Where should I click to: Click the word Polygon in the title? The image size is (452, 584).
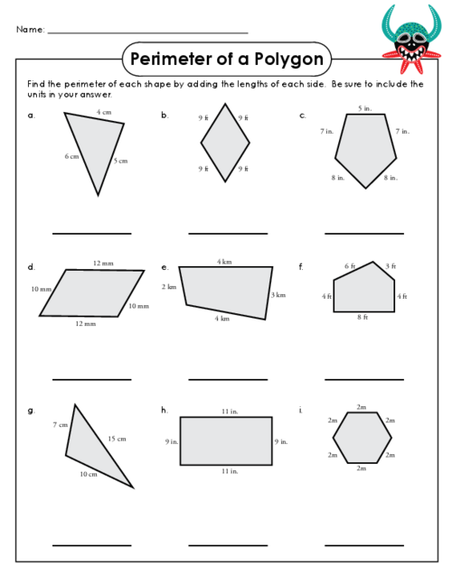click(288, 60)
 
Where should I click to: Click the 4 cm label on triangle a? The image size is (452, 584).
click(104, 112)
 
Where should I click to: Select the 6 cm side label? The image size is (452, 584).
click(71, 156)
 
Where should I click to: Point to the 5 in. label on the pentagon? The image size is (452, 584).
click(364, 108)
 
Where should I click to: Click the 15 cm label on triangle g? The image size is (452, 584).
click(117, 439)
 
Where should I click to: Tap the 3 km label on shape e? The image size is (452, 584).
click(278, 295)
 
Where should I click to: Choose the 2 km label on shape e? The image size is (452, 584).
click(169, 287)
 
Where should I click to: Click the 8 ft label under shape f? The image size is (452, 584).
click(363, 318)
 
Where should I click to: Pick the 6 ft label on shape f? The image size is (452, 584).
click(350, 266)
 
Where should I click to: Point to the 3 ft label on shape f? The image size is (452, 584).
click(391, 266)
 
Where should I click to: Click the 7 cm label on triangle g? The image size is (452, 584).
click(61, 424)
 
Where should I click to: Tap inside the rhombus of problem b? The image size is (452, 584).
click(225, 143)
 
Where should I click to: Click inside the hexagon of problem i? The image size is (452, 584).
click(363, 438)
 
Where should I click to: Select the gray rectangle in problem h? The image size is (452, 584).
click(226, 441)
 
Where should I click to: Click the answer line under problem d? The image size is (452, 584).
click(91, 379)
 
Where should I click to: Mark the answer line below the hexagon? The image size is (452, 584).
click(364, 545)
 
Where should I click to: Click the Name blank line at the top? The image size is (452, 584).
click(148, 33)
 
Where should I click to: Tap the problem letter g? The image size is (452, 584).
click(31, 411)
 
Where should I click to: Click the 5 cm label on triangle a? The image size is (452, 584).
click(120, 161)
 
